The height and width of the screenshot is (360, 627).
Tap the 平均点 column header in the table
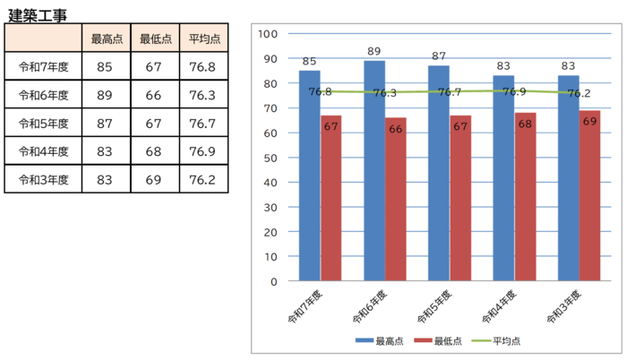[x=202, y=39]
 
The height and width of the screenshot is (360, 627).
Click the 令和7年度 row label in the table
[x=44, y=67]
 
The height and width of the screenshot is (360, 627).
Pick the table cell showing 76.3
[x=202, y=95]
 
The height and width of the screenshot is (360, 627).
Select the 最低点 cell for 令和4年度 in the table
[x=154, y=150]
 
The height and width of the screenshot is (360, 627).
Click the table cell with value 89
[x=106, y=95]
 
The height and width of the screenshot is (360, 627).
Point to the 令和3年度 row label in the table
[x=44, y=179]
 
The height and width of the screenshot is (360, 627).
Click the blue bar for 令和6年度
[x=374, y=170]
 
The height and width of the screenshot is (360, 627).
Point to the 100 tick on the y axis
[x=268, y=34]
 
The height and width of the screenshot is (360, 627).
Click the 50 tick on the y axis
[x=271, y=158]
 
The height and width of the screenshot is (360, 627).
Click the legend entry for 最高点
[x=380, y=341]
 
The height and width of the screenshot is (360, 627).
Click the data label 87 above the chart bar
[x=439, y=56]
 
